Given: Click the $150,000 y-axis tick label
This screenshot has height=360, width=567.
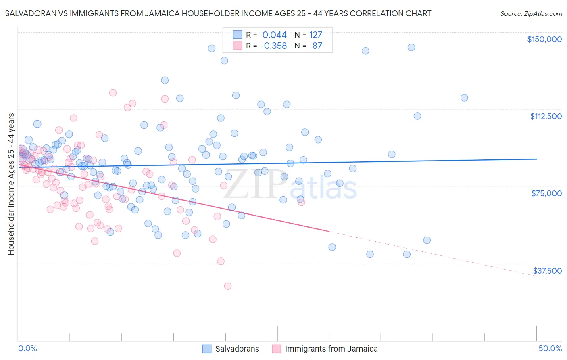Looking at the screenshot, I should [x=544, y=39].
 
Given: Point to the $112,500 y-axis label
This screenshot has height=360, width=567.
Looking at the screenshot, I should [x=546, y=116].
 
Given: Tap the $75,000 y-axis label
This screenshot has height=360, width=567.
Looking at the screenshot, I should [x=546, y=193].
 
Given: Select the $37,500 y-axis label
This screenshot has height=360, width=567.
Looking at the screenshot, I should [x=547, y=271].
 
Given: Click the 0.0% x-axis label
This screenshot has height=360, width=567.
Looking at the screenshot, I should [x=27, y=348].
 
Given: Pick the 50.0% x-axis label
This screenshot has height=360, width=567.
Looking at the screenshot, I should [x=550, y=348].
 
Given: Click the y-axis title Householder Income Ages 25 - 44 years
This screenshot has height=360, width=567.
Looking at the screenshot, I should [x=11, y=184].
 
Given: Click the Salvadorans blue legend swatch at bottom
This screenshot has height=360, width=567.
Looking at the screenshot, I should [x=207, y=349].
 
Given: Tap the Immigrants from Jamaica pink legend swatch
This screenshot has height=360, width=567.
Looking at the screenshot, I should [x=277, y=349].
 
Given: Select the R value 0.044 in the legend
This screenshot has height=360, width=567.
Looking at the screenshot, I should [x=274, y=35].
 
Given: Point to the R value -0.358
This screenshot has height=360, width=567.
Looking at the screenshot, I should [x=273, y=46].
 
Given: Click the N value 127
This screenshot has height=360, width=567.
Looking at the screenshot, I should [x=315, y=35].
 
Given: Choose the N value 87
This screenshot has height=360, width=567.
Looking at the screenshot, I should [x=317, y=46].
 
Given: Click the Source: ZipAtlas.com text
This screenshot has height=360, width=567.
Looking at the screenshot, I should [x=531, y=13].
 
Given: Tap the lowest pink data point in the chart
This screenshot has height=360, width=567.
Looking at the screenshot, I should [x=228, y=286].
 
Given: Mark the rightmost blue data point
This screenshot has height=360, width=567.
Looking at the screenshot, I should [x=464, y=98].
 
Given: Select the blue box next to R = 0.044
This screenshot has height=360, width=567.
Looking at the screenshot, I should [x=238, y=35].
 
